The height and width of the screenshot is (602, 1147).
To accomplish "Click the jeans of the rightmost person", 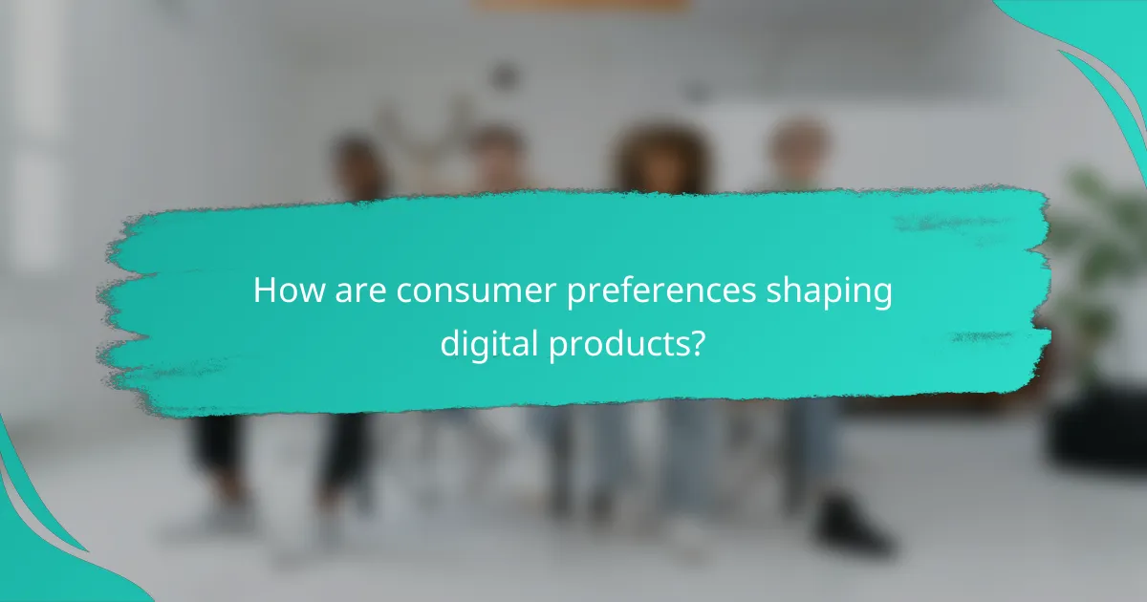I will click(x=808, y=449).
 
